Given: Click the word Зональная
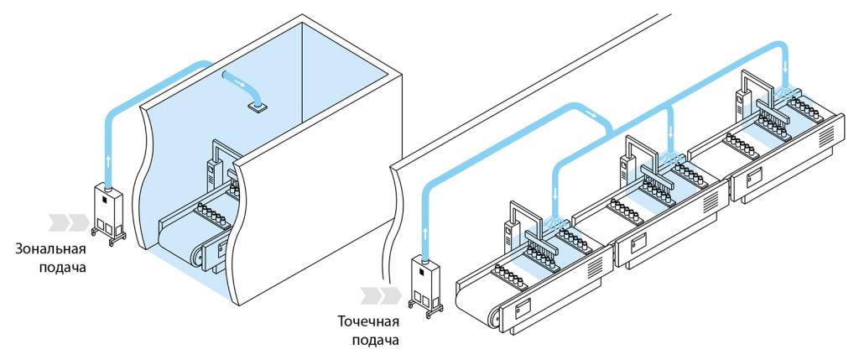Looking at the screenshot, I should (50, 249).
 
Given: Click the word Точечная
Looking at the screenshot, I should (368, 322).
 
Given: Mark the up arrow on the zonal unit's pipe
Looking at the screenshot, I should (108, 159).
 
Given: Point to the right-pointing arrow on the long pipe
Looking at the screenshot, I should (591, 112).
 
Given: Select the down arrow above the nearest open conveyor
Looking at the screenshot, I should (555, 193).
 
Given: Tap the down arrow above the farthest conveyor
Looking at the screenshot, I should (786, 65).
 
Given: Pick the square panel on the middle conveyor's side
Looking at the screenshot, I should (638, 243).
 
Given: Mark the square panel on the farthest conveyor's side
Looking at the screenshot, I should (752, 177).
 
